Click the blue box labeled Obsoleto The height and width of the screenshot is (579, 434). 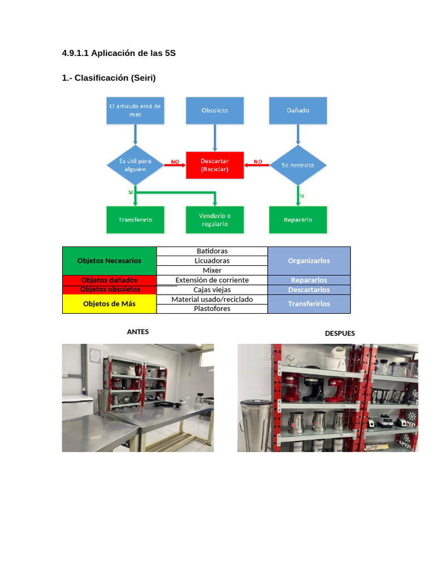coord(215,110)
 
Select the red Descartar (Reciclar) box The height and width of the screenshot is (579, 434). coord(215,165)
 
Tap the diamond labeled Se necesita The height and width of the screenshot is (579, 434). coord(298,165)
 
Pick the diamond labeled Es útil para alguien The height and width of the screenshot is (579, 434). coord(135,165)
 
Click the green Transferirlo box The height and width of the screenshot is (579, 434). coord(135,219)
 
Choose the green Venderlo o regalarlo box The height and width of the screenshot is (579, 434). coord(215,219)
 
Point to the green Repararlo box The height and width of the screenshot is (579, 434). coord(298,219)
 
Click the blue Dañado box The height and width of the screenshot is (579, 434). coord(298,110)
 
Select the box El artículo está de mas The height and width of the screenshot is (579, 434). coord(135,110)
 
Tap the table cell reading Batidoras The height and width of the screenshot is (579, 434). coord(212,251)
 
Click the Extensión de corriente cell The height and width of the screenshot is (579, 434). coord(212,280)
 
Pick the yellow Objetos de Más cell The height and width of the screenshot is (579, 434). coord(109,304)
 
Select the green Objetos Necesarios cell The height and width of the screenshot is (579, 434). coord(109,261)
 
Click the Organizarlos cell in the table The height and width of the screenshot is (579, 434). coord(309,261)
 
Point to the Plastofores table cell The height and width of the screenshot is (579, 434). coord(212,309)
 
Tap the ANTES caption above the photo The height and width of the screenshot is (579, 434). coord(138,332)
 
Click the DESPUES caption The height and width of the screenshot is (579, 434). coord(340,334)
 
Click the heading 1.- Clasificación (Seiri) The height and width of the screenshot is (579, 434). coord(108,78)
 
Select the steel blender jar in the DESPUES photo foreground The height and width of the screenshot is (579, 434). coord(250,425)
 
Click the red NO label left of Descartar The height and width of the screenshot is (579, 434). coord(175,162)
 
